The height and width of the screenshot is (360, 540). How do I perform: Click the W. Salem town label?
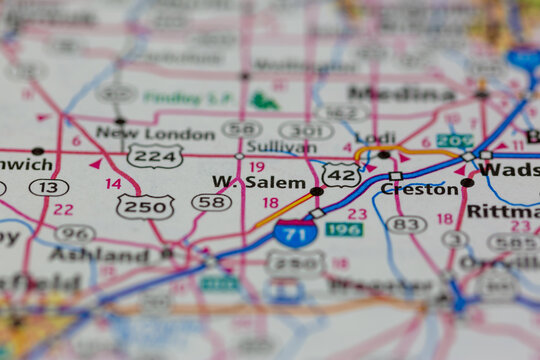(258, 181)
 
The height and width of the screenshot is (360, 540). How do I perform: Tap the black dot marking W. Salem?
(316, 191)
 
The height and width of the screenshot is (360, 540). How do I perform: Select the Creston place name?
(419, 189)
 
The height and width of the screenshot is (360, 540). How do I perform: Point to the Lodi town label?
(375, 138)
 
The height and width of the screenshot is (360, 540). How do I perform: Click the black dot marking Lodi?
(384, 154)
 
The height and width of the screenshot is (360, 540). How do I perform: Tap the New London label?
(155, 133)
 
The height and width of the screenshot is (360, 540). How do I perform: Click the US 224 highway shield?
(155, 155)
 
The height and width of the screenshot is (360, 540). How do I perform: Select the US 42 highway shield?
(341, 175)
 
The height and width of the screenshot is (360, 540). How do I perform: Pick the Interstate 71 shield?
(295, 233)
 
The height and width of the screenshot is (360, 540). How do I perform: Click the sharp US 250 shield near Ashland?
(145, 206)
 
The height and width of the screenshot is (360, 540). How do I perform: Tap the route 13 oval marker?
(48, 187)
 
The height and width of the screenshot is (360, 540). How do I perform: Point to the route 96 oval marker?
(75, 233)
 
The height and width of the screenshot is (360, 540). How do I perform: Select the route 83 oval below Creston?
(406, 225)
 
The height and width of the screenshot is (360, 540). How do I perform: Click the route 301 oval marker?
(306, 130)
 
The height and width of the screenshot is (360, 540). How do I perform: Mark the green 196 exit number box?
(344, 229)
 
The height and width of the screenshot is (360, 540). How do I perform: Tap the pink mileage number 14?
(113, 184)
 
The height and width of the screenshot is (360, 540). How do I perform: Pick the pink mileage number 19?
(257, 167)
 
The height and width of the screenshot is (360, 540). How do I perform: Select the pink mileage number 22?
(63, 209)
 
